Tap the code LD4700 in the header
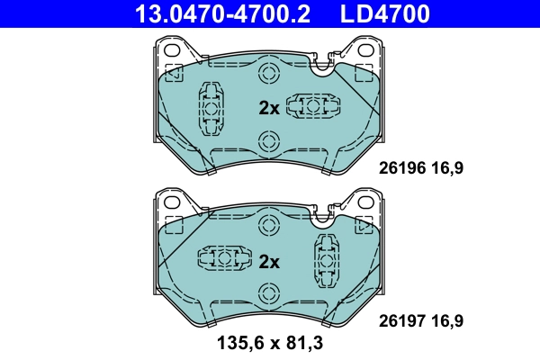(382, 13)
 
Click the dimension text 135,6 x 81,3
(269, 343)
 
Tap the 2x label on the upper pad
(269, 108)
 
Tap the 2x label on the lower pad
(269, 262)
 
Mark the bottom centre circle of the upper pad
(267, 140)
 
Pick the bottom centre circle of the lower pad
(267, 293)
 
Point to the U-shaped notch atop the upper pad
(319, 63)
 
